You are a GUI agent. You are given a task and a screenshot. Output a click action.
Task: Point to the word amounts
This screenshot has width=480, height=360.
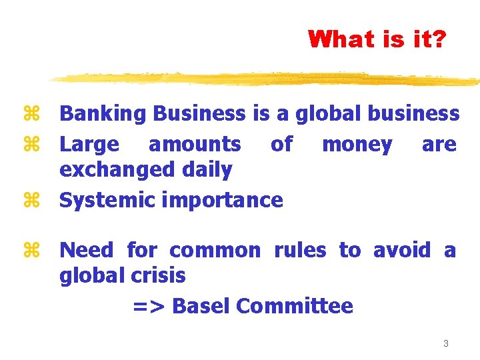click(x=195, y=144)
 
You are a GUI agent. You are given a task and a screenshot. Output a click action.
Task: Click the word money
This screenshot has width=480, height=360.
click(x=357, y=144)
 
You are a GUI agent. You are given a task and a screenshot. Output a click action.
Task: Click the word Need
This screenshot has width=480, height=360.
click(x=87, y=250)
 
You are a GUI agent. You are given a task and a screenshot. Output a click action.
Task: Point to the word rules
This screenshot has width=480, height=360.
click(x=300, y=250)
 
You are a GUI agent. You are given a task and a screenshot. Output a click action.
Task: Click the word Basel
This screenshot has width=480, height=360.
click(x=201, y=306)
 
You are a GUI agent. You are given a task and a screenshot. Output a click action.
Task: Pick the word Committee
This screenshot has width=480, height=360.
click(x=295, y=306)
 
